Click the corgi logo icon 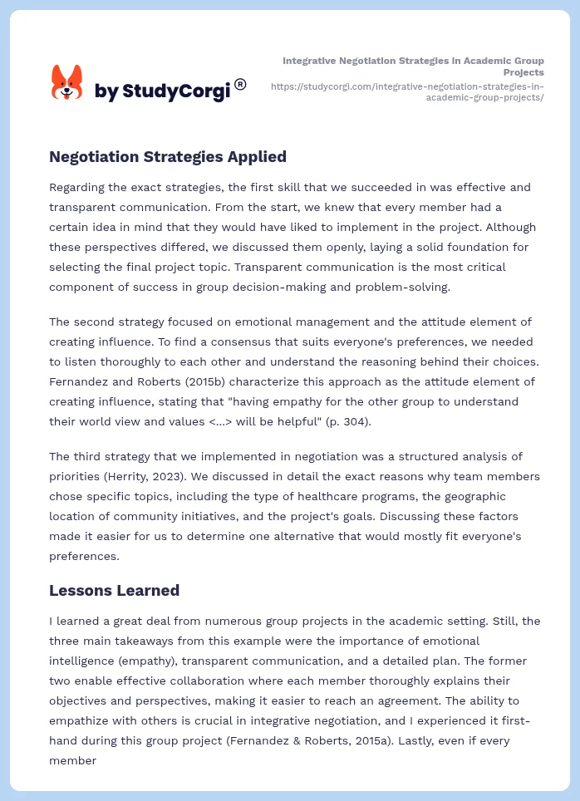coord(67,82)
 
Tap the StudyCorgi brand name coord(162,91)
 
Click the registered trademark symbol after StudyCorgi coord(240,84)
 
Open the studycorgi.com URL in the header coord(407,91)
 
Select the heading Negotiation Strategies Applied coord(168,156)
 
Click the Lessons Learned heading coord(114,591)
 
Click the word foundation coord(464,247)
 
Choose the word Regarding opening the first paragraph coord(81,187)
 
